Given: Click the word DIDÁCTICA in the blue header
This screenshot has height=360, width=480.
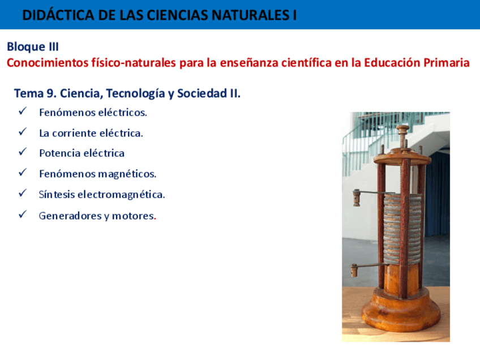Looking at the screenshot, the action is tap(58, 15).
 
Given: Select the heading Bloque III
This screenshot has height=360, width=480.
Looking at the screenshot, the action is tap(33, 47).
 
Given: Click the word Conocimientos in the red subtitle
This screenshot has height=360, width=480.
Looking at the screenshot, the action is tap(48, 63).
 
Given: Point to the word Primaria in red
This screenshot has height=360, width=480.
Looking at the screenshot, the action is tap(446, 63).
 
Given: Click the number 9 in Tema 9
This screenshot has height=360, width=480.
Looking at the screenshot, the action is tap(50, 93).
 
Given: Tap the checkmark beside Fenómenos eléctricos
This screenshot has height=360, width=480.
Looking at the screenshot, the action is tap(23, 111).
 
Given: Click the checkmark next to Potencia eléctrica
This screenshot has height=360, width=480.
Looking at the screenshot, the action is tap(23, 152).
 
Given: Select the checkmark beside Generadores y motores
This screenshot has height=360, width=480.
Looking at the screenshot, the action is tap(23, 215).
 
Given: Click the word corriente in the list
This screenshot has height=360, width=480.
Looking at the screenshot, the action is tap(74, 133).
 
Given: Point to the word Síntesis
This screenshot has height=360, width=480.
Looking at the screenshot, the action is tap(57, 194).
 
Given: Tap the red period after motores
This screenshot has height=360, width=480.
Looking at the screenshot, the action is tap(155, 218).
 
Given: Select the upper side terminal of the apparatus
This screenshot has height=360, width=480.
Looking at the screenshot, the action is tap(357, 198).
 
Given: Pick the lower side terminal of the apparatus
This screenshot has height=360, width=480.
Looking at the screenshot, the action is tap(354, 271).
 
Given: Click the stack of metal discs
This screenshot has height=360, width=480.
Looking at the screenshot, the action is tap(402, 229).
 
